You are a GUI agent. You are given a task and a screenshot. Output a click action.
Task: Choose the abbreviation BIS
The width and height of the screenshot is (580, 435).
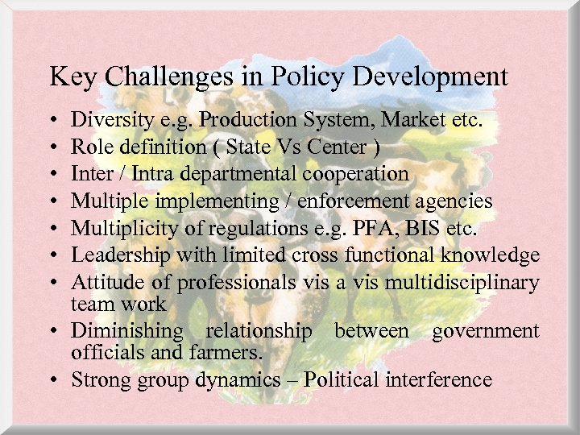(418, 227)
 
